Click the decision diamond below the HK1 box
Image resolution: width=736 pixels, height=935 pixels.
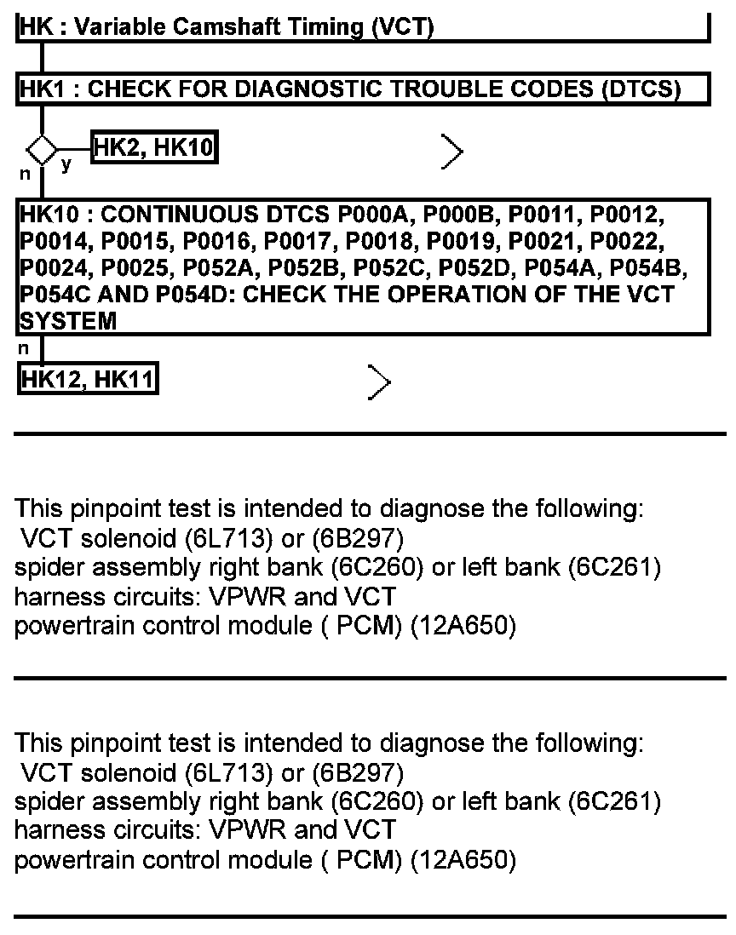pos(41,151)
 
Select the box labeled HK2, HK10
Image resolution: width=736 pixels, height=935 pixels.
pos(153,149)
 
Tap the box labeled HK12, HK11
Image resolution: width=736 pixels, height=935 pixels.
pos(87,379)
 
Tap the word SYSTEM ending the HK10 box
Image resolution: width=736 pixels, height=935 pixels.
pos(67,322)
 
